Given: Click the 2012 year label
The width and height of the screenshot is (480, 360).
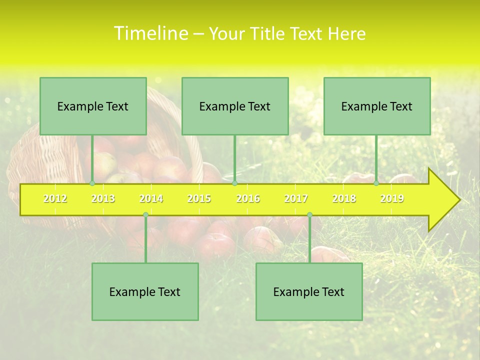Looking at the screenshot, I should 55,198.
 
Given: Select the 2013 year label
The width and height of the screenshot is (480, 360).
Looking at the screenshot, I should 103,198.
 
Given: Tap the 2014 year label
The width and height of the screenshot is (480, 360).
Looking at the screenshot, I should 151,198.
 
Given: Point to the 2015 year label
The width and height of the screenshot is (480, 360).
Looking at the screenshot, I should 199,198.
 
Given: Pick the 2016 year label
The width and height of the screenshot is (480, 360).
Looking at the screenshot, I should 248,198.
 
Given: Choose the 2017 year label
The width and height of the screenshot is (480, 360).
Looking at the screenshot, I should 296,198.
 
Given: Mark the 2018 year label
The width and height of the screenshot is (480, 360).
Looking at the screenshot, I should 344,198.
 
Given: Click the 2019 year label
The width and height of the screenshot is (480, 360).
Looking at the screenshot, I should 392,198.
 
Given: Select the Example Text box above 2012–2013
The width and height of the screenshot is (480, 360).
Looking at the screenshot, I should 93,106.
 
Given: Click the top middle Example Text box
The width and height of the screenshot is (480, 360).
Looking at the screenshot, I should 235,106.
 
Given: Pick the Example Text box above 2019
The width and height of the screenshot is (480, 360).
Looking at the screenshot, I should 377,106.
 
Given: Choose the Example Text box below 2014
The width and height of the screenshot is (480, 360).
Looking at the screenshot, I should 145,291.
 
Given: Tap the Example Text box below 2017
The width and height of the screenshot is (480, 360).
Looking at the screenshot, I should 309,291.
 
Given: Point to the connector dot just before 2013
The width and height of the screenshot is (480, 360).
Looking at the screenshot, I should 92,183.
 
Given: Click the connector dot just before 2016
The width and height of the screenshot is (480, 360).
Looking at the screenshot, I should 234,183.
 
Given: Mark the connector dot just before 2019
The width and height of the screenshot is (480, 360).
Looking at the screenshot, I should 376,183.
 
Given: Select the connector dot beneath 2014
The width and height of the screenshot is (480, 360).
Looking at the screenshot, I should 145,215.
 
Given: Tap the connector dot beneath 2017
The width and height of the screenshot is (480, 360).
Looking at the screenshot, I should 309,215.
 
